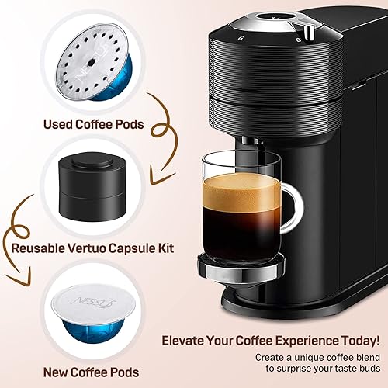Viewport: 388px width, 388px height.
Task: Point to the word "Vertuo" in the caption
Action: click(100, 249)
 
